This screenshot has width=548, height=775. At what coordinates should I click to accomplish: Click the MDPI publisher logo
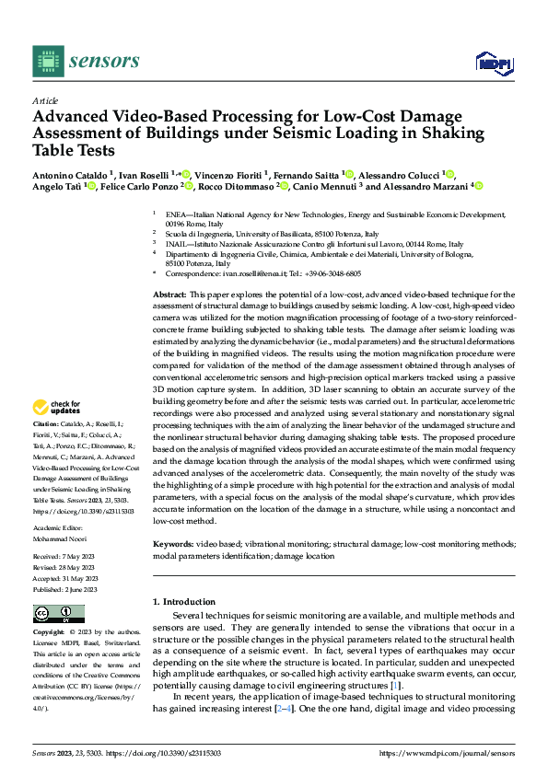click(494, 63)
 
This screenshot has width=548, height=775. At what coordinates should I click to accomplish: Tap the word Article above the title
click(45, 100)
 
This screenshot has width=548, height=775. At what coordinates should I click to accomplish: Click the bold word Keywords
click(173, 544)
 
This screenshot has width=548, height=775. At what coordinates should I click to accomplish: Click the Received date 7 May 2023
click(82, 556)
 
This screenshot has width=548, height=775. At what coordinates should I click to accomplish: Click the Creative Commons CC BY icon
click(58, 613)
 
